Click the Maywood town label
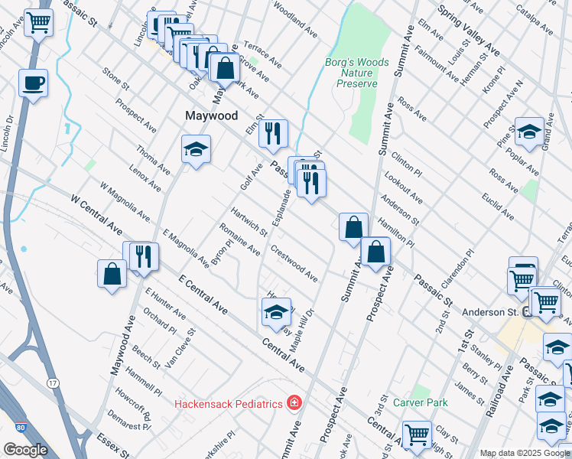212,116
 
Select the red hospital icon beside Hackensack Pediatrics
293,402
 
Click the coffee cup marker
34,83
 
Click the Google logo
25,450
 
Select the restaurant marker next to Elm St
272,134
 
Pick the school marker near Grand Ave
529,132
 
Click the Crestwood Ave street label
294,263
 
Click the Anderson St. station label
489,312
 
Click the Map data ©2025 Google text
524,453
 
